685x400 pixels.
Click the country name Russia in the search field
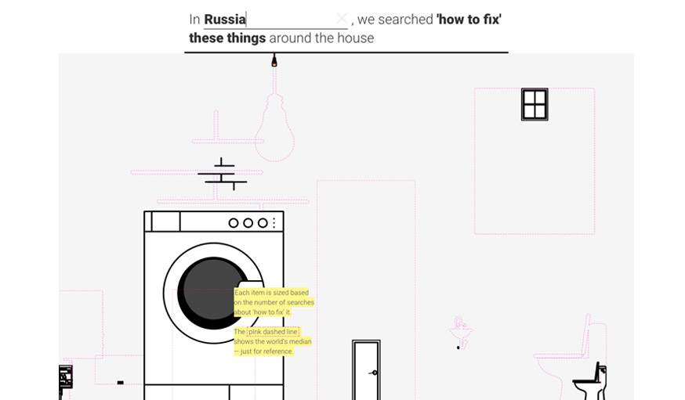pos(225,20)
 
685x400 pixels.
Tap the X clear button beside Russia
pos(342,19)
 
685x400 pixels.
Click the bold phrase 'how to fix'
pos(469,20)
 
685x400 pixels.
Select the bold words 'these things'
pos(227,38)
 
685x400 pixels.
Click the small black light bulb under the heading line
pos(274,60)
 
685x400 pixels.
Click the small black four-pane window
pos(535,104)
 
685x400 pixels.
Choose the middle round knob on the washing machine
pos(248,223)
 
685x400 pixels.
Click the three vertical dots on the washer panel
pos(274,223)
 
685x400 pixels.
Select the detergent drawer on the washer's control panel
pos(165,222)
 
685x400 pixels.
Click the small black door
pos(366,370)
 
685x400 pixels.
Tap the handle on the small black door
pos(374,373)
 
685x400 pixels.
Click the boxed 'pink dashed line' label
pos(273,332)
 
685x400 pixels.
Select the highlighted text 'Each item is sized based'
pos(271,293)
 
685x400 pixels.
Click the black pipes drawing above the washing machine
pos(222,174)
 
